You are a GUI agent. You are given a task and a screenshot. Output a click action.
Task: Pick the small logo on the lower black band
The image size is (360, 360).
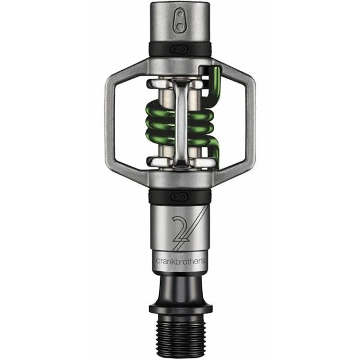pos(180,196)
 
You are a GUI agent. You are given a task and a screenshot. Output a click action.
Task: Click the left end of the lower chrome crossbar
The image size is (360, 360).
pos(155,161)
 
